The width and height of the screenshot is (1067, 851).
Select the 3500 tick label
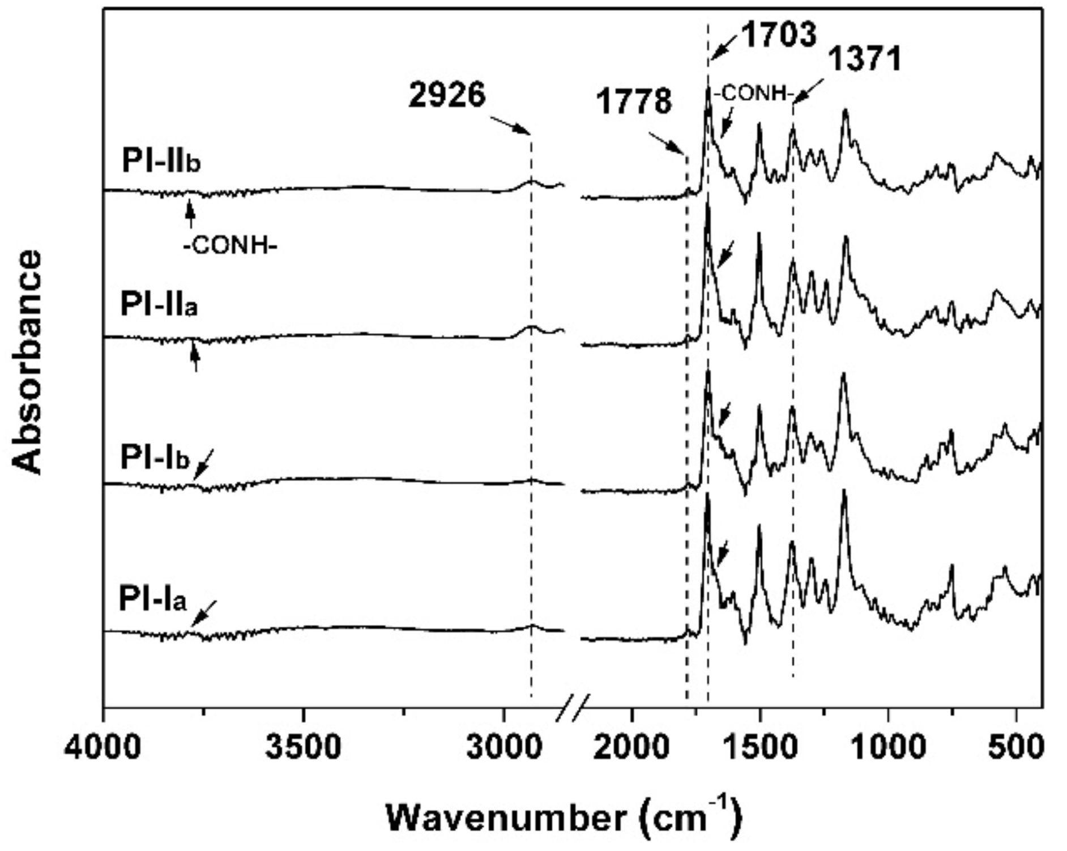click(304, 747)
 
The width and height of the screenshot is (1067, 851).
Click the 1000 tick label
click(888, 747)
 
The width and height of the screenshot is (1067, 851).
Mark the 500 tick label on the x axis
click(1016, 747)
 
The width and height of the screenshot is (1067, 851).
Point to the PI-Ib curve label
click(155, 458)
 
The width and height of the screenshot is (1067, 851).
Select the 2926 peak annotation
click(447, 96)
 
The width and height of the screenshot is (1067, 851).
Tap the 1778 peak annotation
click(634, 102)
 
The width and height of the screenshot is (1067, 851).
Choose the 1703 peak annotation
click(779, 35)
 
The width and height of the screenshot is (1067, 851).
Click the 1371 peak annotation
click(865, 59)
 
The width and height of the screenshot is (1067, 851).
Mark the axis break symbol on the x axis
click(572, 708)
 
